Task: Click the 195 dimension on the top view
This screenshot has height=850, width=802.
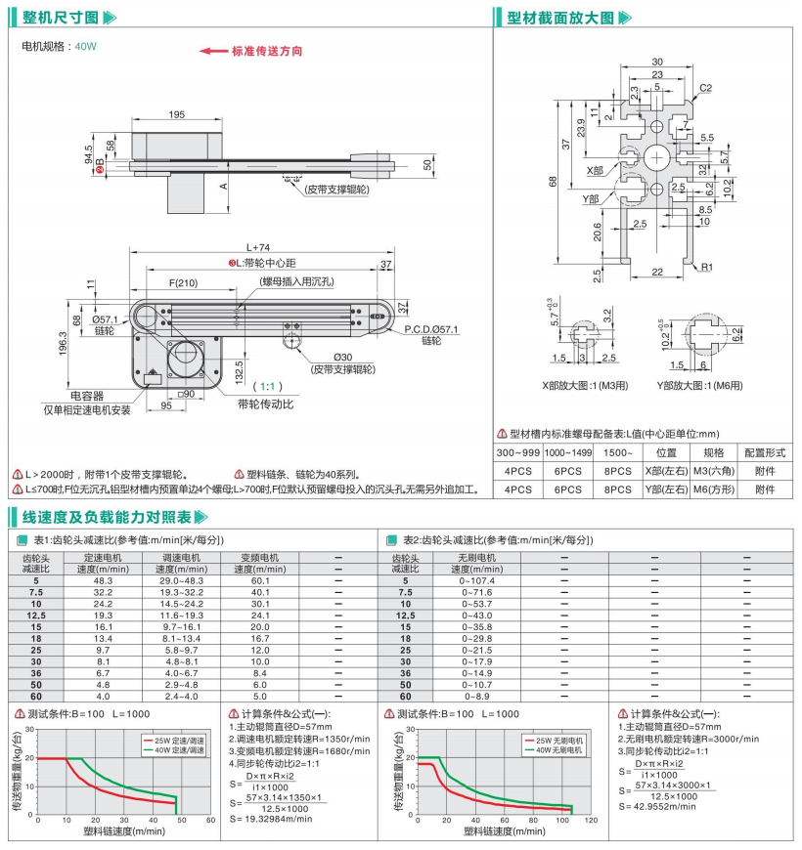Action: click(176, 115)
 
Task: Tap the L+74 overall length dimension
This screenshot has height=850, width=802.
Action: click(257, 248)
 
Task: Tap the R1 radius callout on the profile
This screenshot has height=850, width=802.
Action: click(705, 265)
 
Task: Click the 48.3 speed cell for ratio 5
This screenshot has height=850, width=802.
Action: click(104, 580)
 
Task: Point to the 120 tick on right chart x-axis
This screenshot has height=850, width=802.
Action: click(592, 820)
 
